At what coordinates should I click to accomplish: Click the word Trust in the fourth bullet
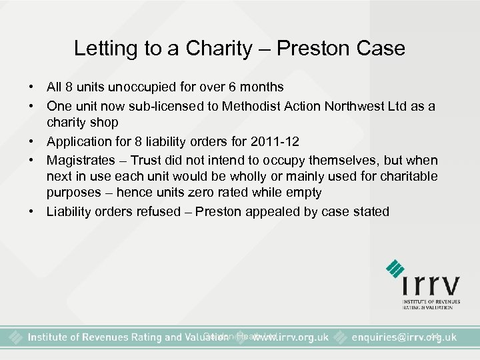click(147, 160)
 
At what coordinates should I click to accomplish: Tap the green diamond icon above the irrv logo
click(396, 269)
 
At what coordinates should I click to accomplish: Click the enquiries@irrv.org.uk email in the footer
click(404, 337)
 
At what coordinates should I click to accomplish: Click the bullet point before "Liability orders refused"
click(31, 212)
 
